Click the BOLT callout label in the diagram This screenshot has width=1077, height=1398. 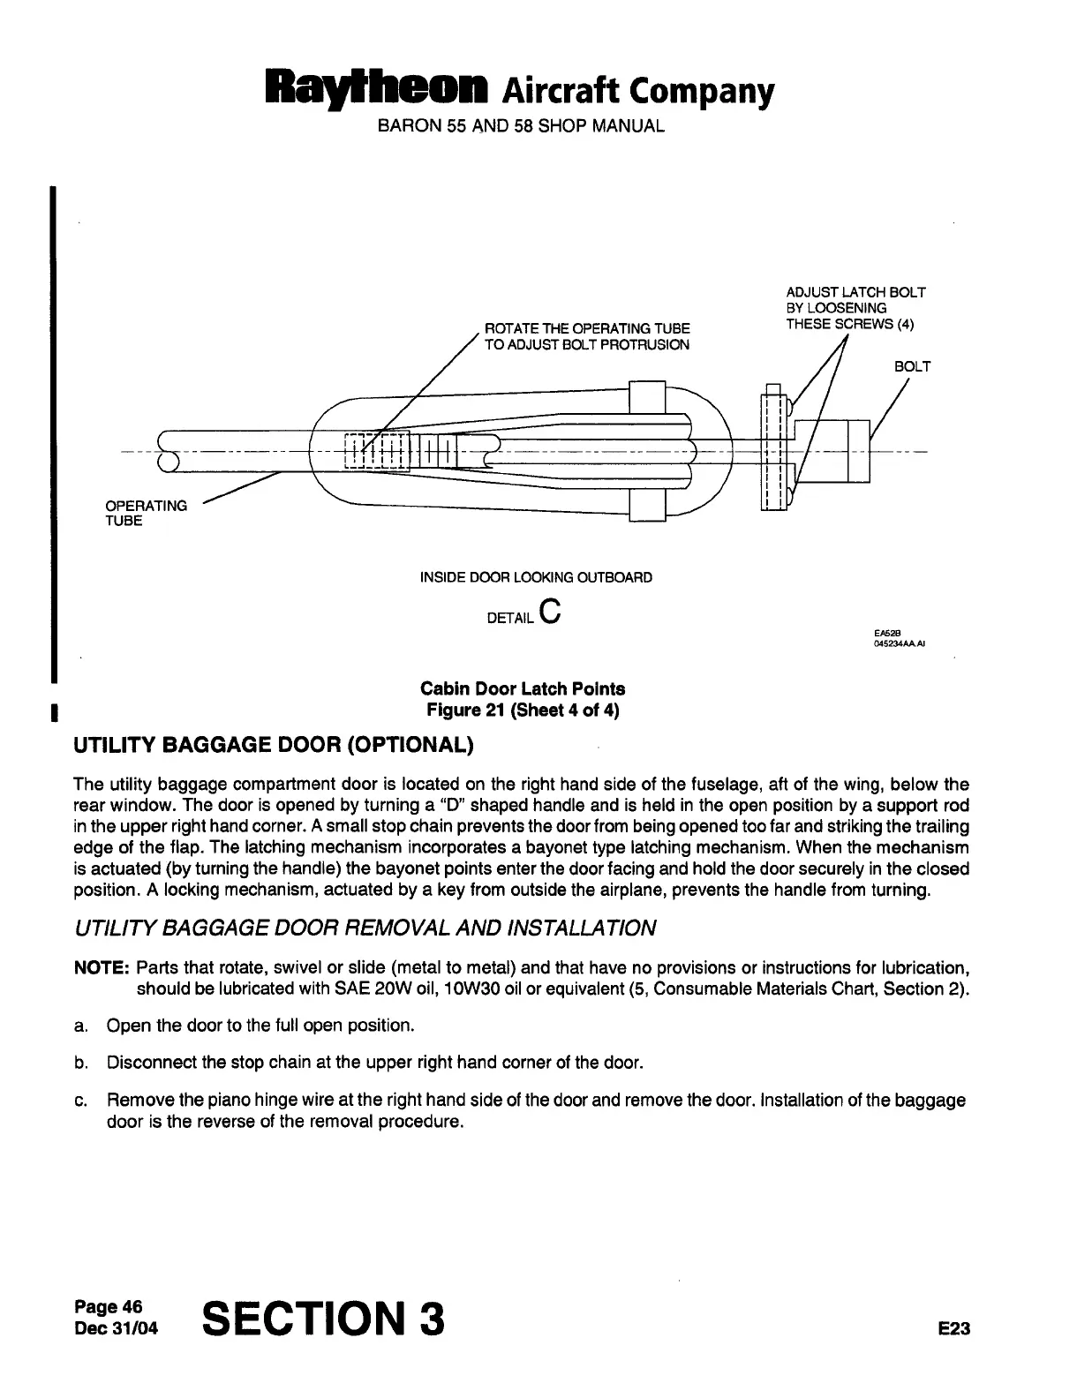(912, 366)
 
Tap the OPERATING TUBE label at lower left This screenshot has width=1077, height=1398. (146, 513)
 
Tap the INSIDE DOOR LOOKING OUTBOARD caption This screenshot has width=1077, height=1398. (536, 577)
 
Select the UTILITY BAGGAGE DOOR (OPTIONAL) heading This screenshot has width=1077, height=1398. (274, 745)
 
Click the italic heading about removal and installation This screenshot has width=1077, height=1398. (365, 928)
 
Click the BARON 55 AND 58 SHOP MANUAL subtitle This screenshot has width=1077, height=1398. (521, 126)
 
